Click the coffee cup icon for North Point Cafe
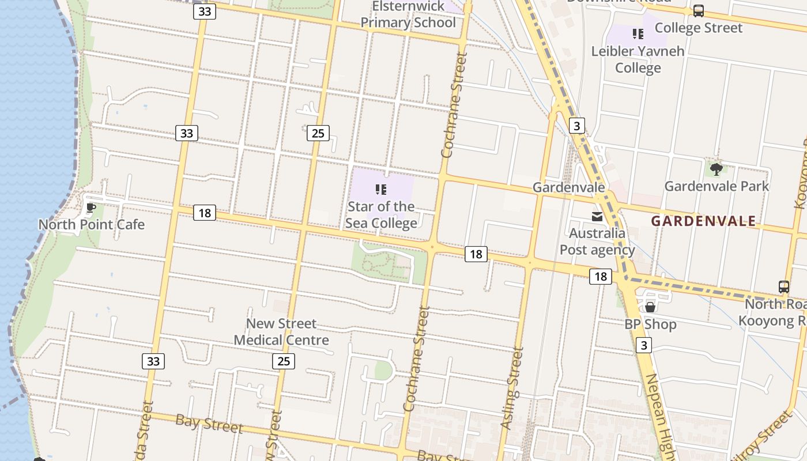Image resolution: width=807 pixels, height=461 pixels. click(90, 207)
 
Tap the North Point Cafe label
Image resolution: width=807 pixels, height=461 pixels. click(92, 224)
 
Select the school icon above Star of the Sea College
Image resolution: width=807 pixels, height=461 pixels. click(380, 189)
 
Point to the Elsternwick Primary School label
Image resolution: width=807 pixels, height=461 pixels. click(408, 14)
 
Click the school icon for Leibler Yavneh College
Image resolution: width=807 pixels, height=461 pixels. click(638, 34)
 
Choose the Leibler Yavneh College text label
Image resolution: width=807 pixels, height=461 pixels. click(638, 59)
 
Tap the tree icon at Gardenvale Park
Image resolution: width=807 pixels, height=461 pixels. click(717, 169)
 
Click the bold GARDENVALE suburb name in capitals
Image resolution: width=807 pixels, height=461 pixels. click(703, 221)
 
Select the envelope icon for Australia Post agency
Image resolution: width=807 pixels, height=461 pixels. click(597, 217)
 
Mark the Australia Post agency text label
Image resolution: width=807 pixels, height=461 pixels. click(597, 241)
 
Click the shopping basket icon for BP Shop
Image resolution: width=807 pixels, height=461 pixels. click(650, 307)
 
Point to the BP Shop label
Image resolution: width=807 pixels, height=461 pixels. click(650, 324)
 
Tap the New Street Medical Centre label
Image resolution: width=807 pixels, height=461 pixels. click(281, 332)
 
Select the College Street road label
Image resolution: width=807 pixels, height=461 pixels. click(699, 28)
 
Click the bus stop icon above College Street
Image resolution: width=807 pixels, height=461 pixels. click(699, 10)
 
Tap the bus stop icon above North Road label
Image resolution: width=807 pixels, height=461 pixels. click(784, 286)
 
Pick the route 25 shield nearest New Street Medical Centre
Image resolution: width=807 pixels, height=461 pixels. click(283, 361)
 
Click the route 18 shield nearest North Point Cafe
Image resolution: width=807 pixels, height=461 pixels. click(204, 213)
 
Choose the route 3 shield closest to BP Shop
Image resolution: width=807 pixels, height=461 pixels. click(644, 345)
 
